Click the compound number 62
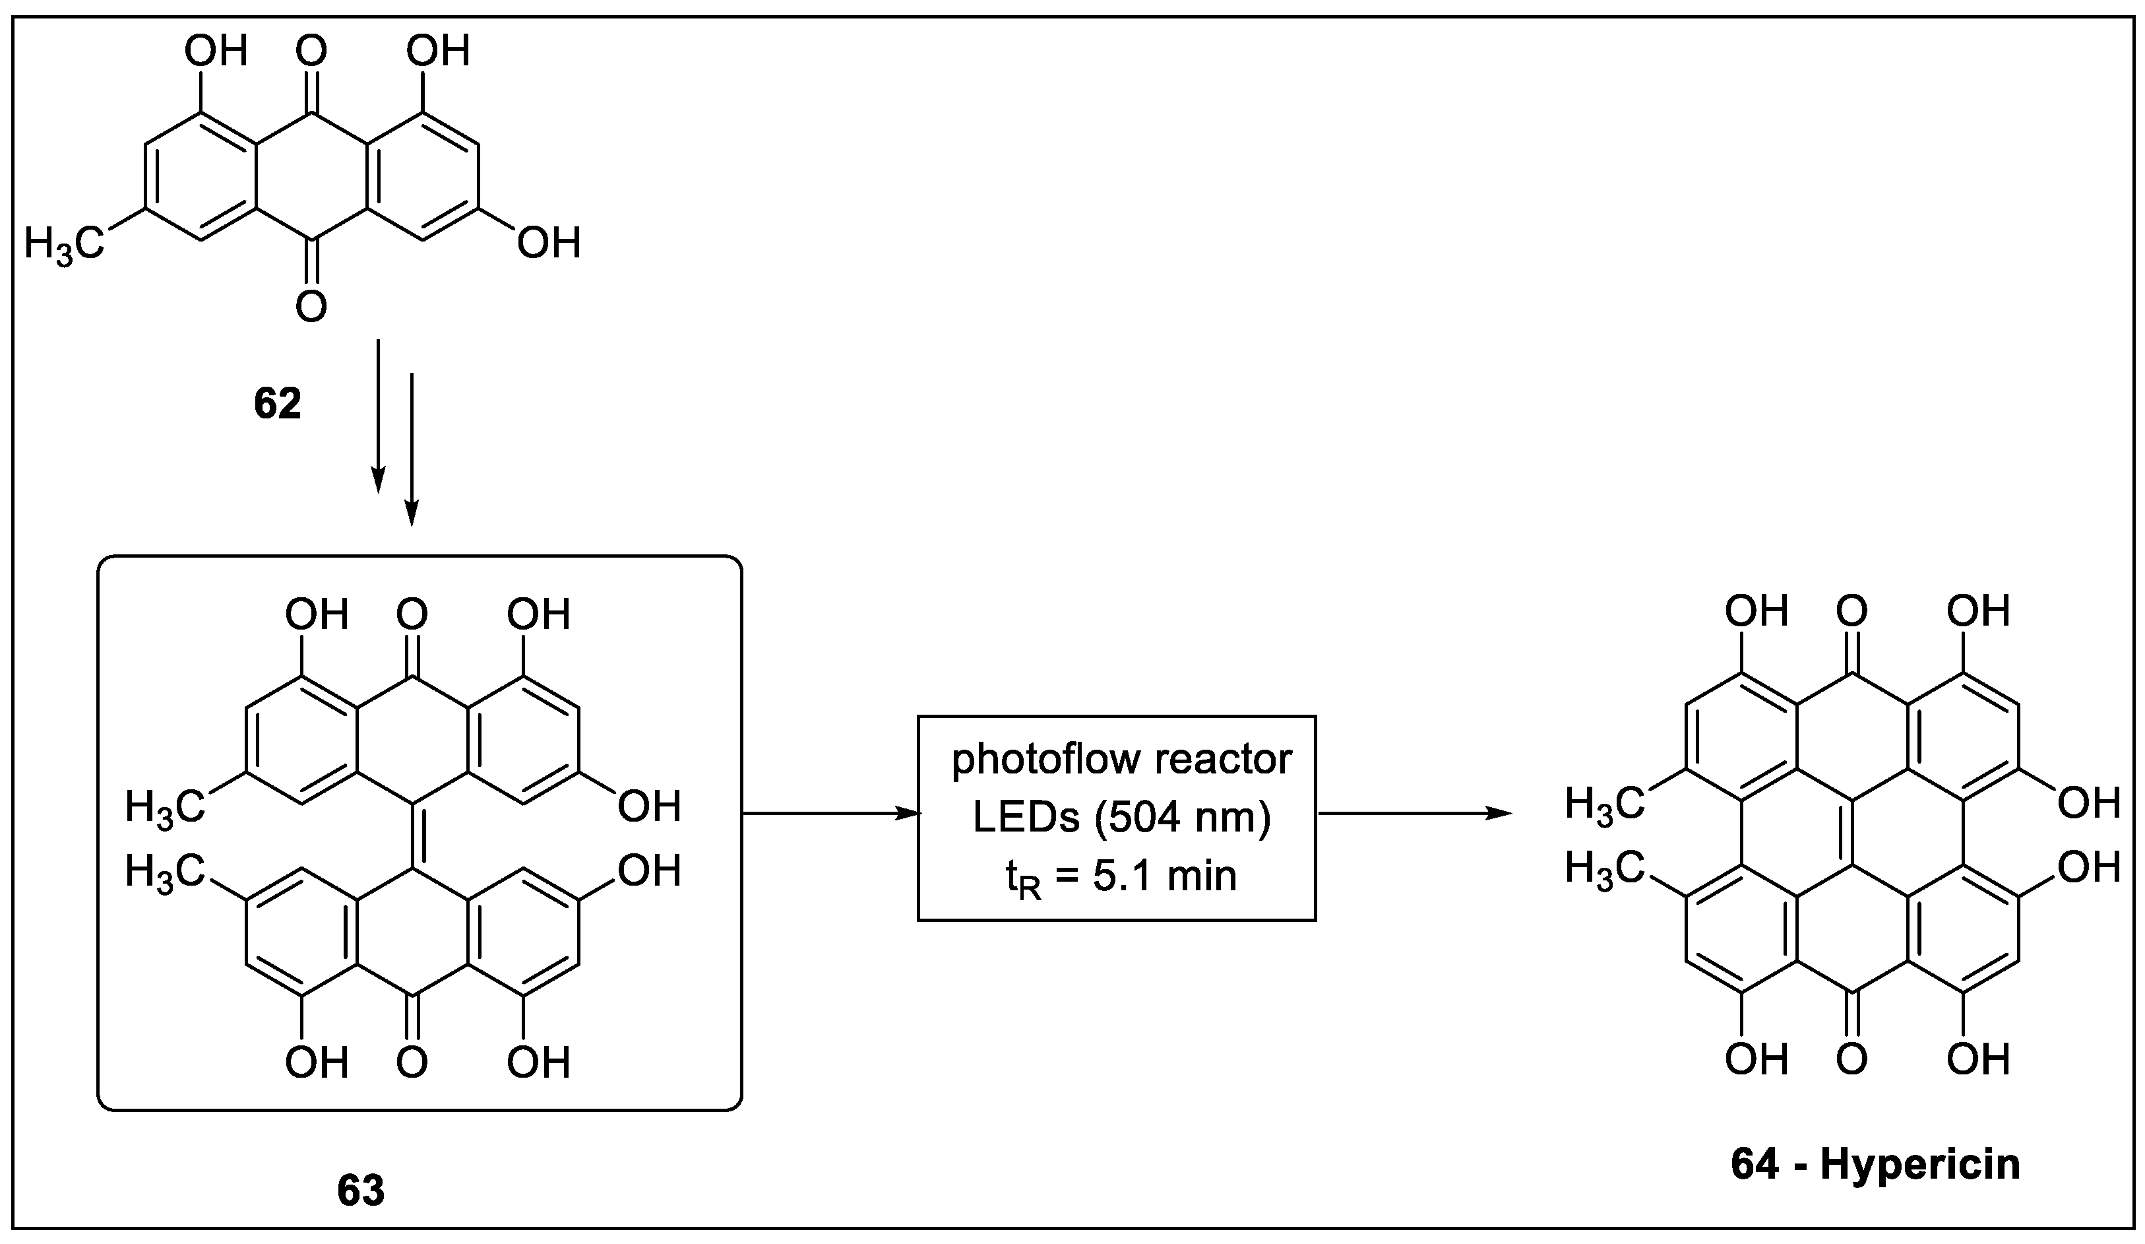coord(278,405)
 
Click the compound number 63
coord(361,1191)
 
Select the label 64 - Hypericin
coord(1875,1165)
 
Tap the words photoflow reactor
coord(1121,760)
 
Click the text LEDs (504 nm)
coord(1121,818)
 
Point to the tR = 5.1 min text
coord(1121,877)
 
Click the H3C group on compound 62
coord(65,244)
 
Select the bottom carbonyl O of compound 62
coord(311,306)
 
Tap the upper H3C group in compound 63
coord(165,806)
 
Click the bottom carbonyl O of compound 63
coord(412,1062)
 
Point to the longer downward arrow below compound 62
coord(411,449)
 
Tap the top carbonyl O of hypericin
coord(1851,611)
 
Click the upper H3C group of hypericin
coord(1603,804)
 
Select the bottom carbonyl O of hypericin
coord(1851,1059)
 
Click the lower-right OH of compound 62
coord(549,244)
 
